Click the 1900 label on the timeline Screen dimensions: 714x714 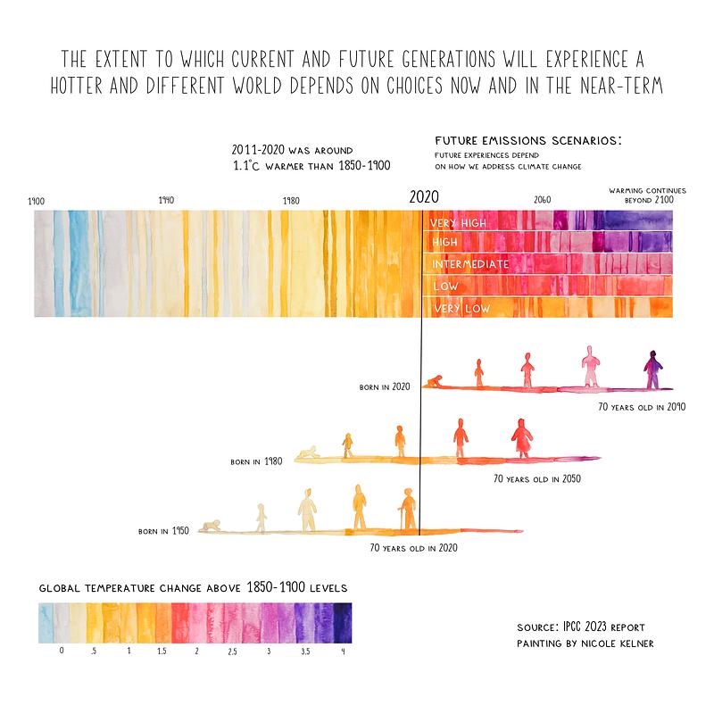(x=37, y=202)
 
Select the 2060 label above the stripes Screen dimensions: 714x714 (x=542, y=200)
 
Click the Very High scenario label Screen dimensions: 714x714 (x=459, y=223)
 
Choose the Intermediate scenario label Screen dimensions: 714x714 (x=470, y=264)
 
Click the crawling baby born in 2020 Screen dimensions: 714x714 (x=434, y=382)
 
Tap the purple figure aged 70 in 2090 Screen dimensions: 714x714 (x=653, y=369)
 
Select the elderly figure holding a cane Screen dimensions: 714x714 (x=408, y=510)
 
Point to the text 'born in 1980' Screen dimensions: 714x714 (x=256, y=461)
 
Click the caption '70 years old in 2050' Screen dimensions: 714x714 (x=537, y=478)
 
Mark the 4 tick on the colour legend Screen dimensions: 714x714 (x=343, y=652)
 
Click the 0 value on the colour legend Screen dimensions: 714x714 (x=62, y=652)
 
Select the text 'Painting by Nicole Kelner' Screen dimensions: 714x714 (x=585, y=643)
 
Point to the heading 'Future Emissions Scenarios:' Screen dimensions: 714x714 (x=527, y=142)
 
